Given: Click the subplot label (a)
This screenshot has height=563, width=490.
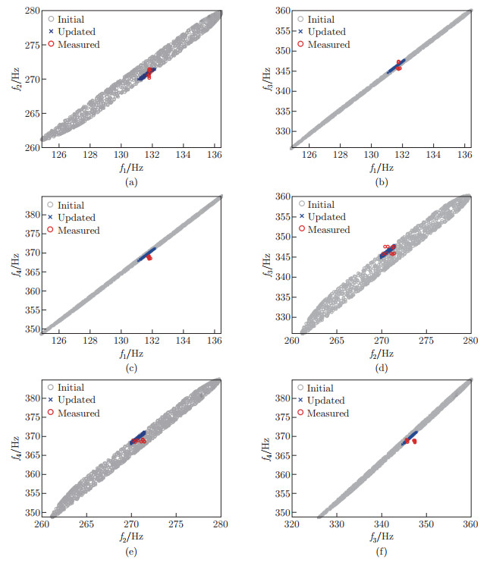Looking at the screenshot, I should click(x=130, y=182).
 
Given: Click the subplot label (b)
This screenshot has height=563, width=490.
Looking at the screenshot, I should click(x=381, y=182).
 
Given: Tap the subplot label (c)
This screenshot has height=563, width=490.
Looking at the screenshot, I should click(x=130, y=370).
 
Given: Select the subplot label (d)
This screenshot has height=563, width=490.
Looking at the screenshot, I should click(x=381, y=370).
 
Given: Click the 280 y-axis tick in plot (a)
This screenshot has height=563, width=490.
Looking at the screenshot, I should click(x=27, y=11).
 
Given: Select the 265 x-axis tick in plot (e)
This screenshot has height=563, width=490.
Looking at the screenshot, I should click(x=86, y=524).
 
